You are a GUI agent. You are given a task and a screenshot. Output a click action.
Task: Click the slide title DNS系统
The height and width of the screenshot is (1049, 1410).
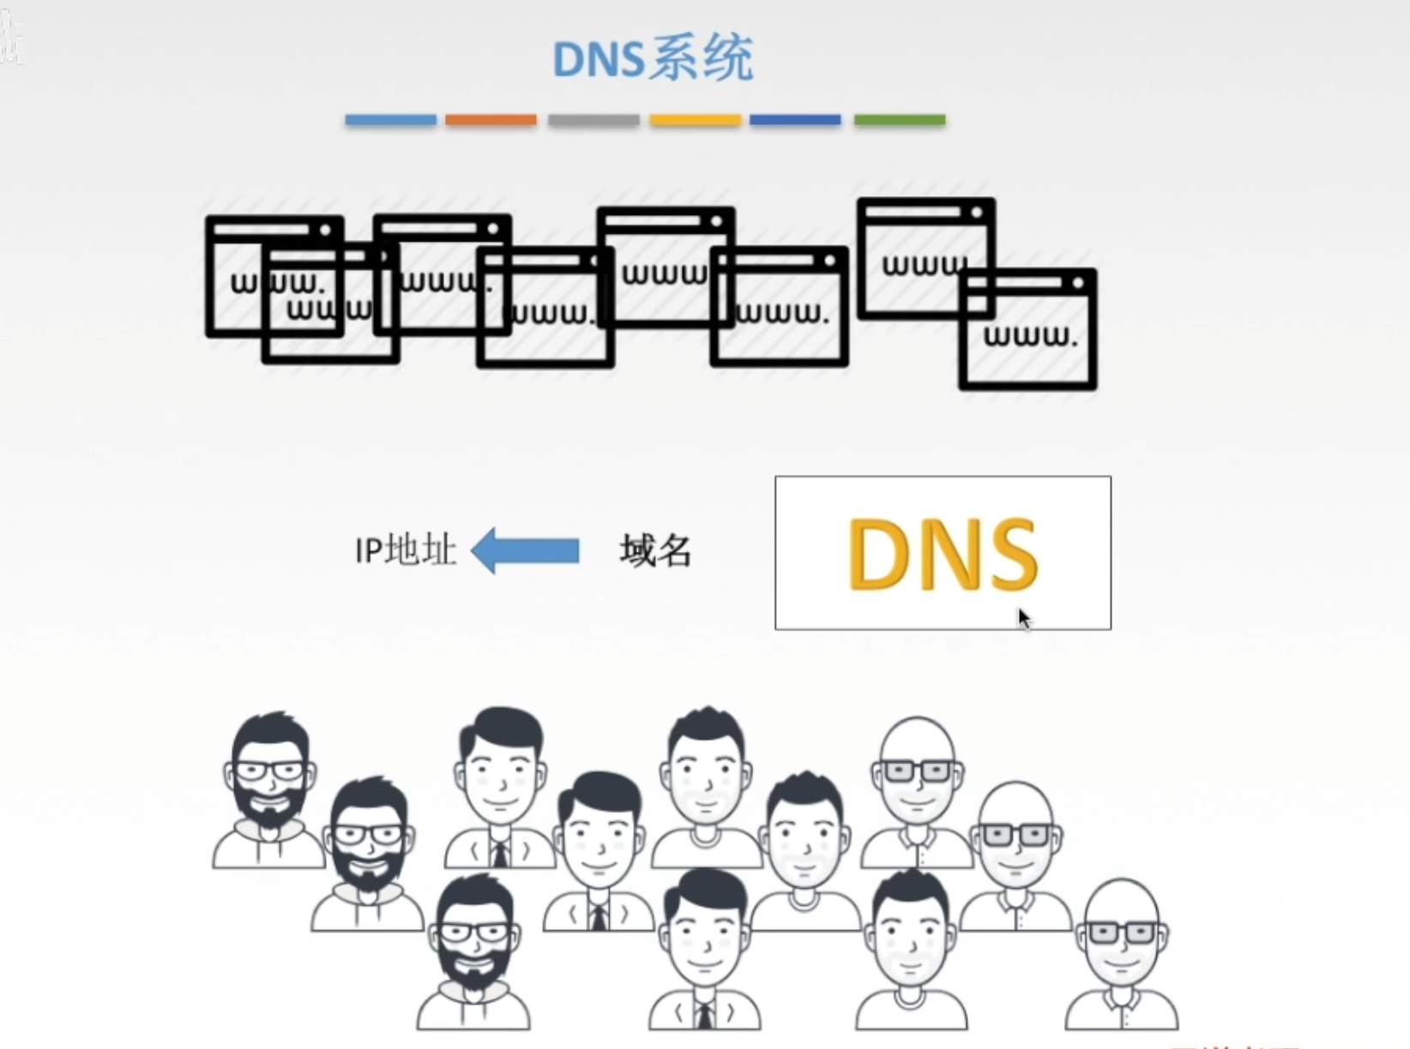pyautogui.click(x=653, y=58)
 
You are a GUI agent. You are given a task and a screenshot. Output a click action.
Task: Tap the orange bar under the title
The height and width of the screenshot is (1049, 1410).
pyautogui.click(x=491, y=120)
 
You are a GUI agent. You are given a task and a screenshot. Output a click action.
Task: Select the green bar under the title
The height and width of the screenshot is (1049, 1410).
pyautogui.click(x=900, y=120)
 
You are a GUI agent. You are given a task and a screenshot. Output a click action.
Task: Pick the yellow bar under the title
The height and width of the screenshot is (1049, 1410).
pyautogui.click(x=695, y=120)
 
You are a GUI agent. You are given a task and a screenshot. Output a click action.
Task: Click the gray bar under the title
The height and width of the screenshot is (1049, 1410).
pyautogui.click(x=594, y=120)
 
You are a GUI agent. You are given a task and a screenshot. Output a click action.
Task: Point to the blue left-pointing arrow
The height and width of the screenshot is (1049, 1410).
pyautogui.click(x=525, y=550)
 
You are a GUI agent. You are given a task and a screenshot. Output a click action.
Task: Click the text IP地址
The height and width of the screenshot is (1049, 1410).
pyautogui.click(x=405, y=550)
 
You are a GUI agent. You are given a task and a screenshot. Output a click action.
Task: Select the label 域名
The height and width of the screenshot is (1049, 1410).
pyautogui.click(x=655, y=550)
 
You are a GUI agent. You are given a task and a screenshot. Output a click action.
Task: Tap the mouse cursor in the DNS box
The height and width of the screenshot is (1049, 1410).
pyautogui.click(x=1023, y=618)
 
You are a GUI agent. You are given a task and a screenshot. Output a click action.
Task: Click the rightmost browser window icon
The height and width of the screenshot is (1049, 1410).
pyautogui.click(x=1027, y=330)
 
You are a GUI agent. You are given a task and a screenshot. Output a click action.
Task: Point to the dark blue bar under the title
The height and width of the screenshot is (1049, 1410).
pyautogui.click(x=795, y=120)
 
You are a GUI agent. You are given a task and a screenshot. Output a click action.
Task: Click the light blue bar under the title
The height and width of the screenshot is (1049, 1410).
pyautogui.click(x=390, y=120)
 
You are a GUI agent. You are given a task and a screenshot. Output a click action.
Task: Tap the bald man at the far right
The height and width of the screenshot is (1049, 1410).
pyautogui.click(x=1122, y=951)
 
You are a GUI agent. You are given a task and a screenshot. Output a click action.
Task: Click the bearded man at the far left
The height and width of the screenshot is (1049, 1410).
pyautogui.click(x=268, y=788)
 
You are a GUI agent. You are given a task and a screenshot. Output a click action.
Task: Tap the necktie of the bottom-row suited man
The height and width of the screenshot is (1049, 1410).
pyautogui.click(x=704, y=1015)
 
